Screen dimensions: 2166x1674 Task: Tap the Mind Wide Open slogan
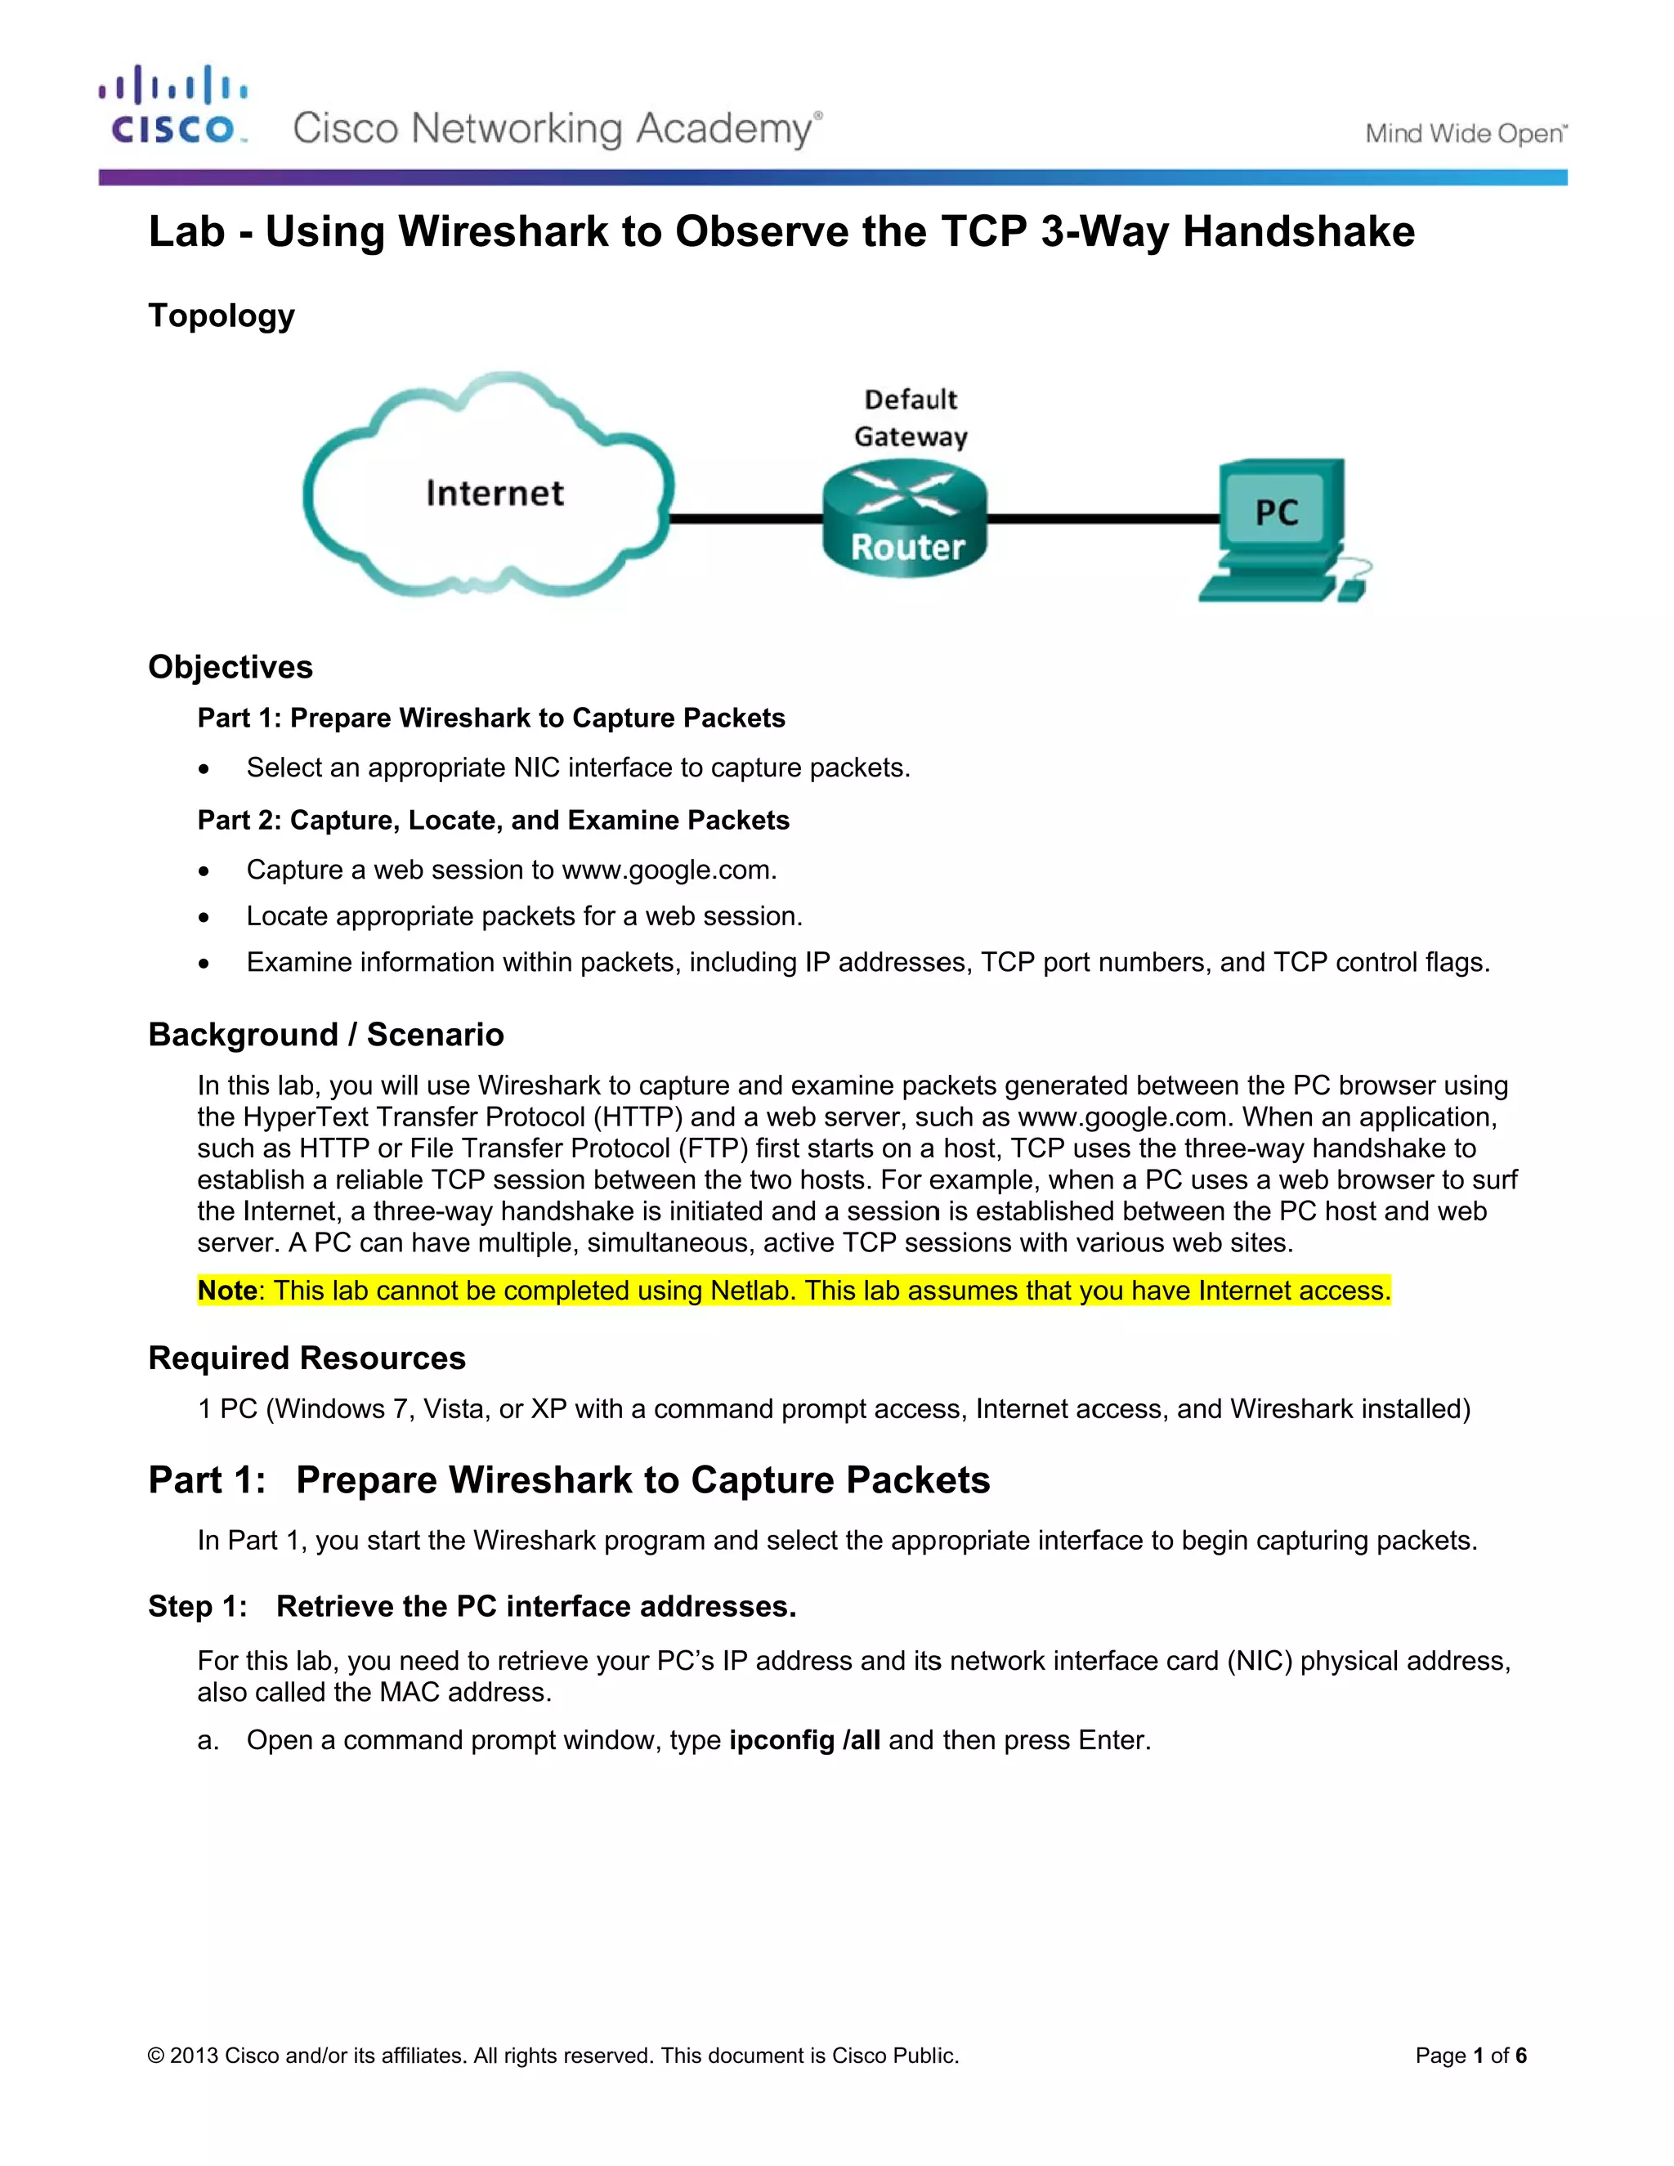point(1465,134)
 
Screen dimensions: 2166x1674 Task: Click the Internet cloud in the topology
point(491,491)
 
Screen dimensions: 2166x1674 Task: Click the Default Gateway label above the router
point(911,418)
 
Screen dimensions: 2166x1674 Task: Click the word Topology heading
point(222,316)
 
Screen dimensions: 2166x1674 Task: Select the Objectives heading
point(230,666)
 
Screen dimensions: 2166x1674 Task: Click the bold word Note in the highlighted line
point(227,1291)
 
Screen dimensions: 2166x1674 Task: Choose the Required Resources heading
point(307,1358)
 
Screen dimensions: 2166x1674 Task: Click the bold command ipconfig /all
point(804,1740)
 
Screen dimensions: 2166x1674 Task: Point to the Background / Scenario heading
point(325,1035)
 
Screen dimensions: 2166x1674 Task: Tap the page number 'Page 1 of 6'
point(1470,2055)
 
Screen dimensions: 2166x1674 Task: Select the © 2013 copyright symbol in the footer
point(155,2055)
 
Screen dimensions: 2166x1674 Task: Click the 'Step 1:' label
point(197,1607)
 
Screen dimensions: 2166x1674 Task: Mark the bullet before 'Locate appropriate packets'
point(204,917)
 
